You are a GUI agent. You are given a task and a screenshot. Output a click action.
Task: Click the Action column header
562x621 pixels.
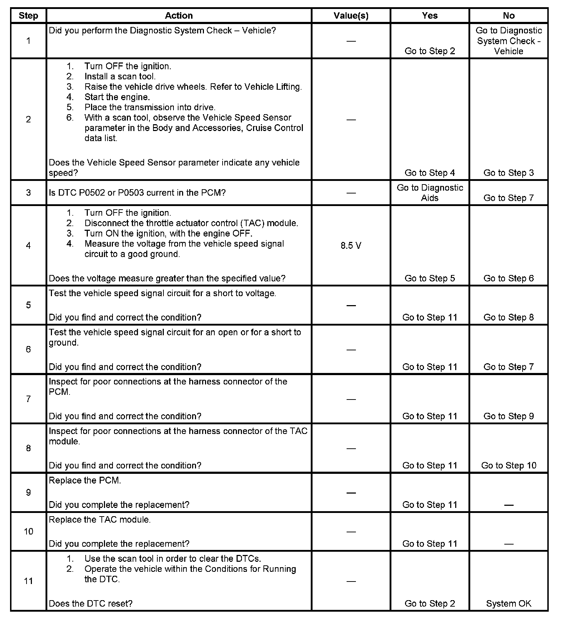coord(178,15)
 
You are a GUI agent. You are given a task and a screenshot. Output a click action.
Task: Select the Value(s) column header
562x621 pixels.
coord(351,15)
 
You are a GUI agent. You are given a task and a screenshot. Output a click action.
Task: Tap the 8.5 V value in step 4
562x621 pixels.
coord(351,246)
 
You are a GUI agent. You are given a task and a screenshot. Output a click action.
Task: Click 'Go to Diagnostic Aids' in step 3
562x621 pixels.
coord(430,193)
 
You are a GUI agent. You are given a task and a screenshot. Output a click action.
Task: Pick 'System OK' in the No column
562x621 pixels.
coord(509,603)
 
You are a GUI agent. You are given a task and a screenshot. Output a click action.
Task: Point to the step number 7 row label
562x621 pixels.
coord(28,399)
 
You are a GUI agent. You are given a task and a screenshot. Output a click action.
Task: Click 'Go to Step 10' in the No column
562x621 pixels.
coord(509,465)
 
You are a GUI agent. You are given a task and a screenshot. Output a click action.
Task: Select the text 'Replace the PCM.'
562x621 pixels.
coord(85,480)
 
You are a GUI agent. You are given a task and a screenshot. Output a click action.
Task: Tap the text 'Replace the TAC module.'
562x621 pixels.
coord(100,519)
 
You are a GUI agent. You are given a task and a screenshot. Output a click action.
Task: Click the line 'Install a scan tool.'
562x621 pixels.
coord(120,76)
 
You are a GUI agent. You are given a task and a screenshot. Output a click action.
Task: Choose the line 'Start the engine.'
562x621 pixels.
coord(117,97)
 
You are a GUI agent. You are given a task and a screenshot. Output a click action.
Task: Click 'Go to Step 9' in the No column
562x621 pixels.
coord(509,416)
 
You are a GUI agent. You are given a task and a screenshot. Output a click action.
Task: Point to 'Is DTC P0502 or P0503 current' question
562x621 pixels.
coord(137,193)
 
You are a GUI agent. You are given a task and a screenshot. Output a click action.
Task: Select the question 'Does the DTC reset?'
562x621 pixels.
coord(91,603)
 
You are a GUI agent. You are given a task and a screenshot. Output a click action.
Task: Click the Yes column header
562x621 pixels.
coord(430,15)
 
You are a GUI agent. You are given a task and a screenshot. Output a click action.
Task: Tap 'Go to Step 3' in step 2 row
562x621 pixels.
coord(509,173)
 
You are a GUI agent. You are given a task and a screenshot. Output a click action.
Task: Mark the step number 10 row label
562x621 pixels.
coord(28,531)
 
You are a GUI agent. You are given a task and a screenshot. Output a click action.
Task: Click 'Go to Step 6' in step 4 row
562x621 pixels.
coord(509,278)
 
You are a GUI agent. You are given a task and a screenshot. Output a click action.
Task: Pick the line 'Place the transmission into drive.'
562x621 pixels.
coord(150,107)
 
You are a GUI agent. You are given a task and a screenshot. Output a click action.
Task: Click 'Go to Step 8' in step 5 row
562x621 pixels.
coord(509,317)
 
